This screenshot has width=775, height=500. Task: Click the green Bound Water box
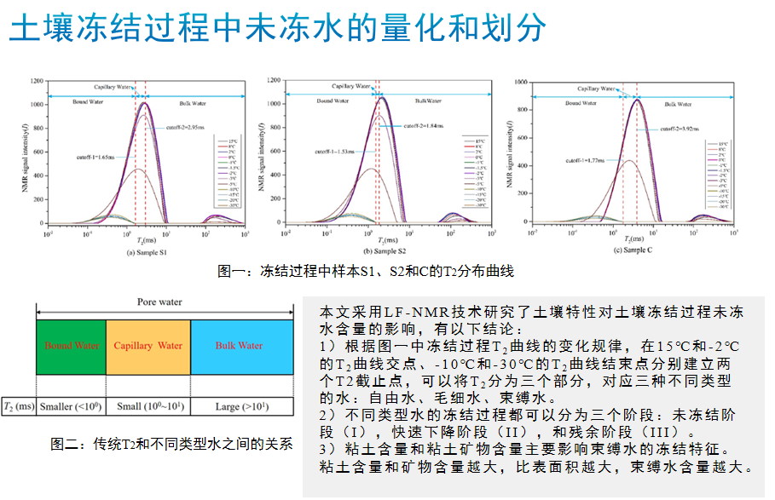[x=71, y=346]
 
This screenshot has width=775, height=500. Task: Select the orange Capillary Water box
[x=147, y=346]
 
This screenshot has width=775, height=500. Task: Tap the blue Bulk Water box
[x=239, y=346]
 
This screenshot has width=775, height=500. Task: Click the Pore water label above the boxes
[x=159, y=302]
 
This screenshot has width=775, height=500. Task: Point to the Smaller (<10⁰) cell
[x=71, y=406]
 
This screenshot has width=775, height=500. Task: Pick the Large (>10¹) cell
[x=239, y=406]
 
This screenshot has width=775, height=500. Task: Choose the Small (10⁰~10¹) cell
[x=147, y=406]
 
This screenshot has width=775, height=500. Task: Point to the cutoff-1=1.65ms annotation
[x=95, y=157]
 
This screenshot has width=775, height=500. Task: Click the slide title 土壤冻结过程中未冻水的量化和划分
[x=277, y=29]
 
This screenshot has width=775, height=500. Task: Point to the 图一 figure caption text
[x=367, y=272]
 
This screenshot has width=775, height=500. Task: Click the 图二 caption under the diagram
[x=171, y=445]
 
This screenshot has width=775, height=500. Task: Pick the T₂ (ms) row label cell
[x=19, y=406]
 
